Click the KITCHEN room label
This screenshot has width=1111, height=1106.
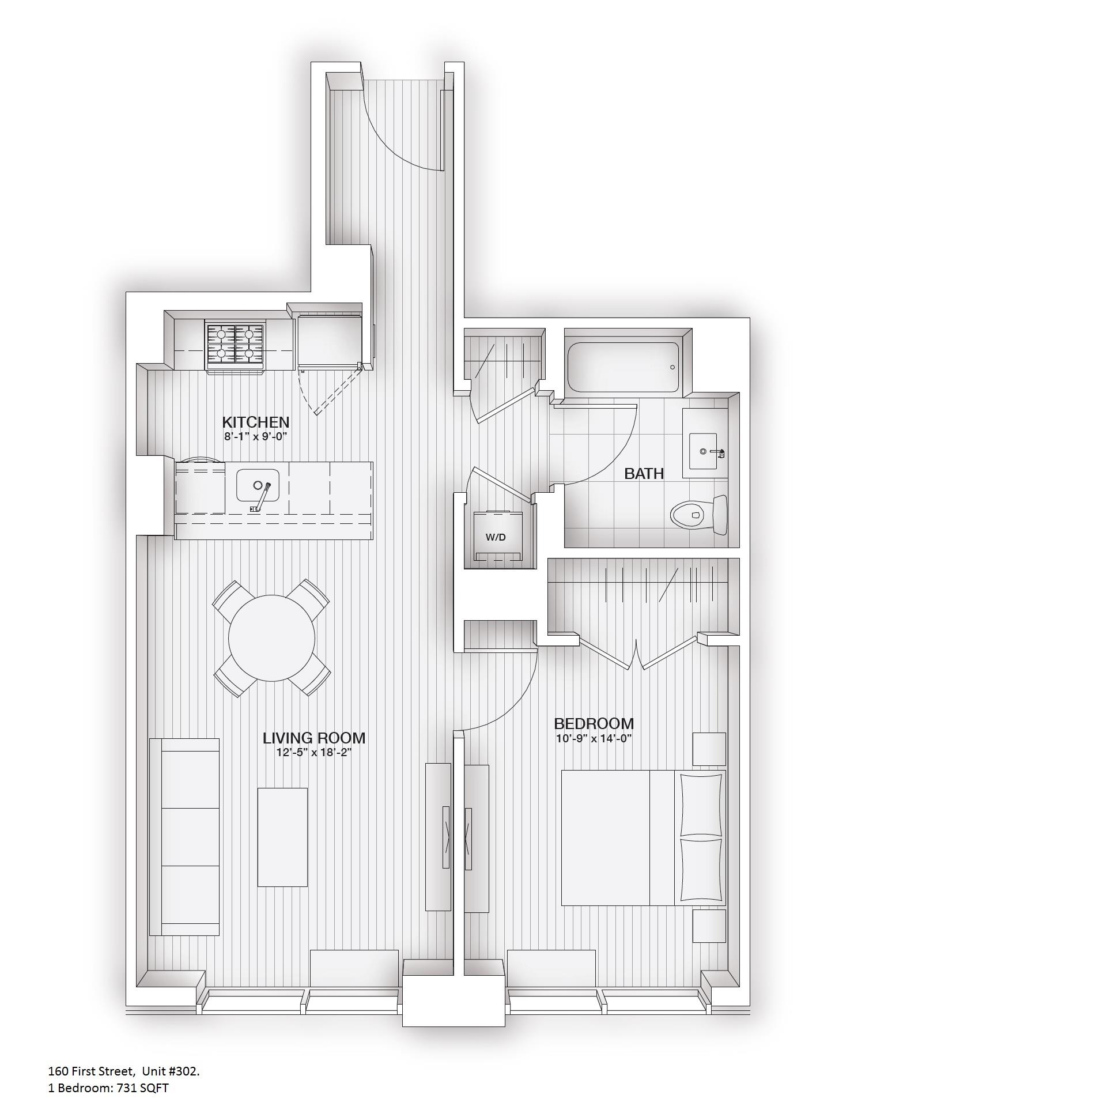click(255, 422)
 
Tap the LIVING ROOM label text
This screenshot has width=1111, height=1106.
click(313, 738)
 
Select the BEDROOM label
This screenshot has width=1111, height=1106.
click(594, 723)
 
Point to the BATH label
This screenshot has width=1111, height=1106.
click(644, 474)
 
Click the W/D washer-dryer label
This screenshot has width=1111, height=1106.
click(496, 537)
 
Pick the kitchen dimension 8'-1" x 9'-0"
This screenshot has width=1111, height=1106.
click(255, 437)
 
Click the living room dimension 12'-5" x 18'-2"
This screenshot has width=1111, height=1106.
click(314, 753)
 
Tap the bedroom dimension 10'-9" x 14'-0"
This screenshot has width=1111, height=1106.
click(594, 738)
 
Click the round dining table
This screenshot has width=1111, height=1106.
click(271, 638)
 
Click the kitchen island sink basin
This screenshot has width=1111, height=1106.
click(258, 485)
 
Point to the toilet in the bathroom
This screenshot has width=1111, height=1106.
click(697, 514)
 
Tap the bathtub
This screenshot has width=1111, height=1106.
click(623, 367)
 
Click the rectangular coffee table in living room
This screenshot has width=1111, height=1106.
click(282, 837)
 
